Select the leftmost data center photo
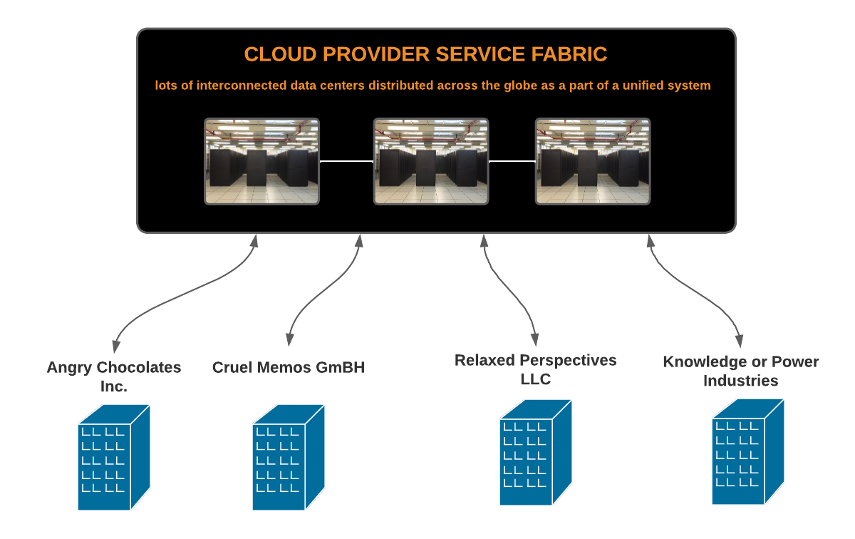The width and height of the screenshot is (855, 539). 262,161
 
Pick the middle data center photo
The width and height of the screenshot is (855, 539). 431,161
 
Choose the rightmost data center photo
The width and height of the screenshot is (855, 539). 593,161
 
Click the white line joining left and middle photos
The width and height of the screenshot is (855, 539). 346,162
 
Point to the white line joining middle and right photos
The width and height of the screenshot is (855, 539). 512,162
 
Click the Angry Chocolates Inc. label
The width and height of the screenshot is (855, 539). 114,377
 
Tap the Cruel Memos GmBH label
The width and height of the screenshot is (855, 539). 289,368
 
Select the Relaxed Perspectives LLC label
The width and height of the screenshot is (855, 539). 536,369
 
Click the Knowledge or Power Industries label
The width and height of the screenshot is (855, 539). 741,371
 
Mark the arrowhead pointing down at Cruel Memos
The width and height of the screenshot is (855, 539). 289,338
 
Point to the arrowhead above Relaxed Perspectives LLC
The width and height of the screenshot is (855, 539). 534,337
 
